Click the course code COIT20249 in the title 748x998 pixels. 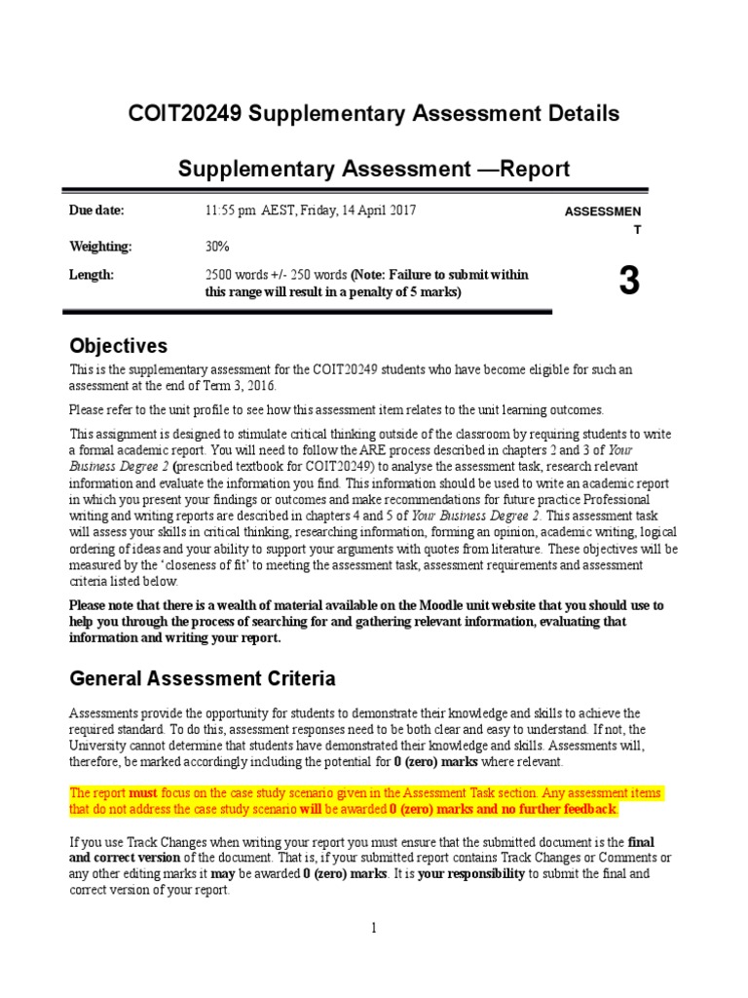point(186,114)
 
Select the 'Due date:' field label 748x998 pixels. point(96,211)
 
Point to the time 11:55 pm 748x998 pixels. point(231,211)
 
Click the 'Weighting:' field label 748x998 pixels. point(99,247)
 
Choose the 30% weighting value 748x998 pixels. point(217,247)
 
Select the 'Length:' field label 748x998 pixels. point(91,275)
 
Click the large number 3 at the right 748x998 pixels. point(629,281)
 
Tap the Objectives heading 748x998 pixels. point(118,346)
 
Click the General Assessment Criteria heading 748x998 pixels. point(203,677)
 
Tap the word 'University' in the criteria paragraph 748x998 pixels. point(100,746)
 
